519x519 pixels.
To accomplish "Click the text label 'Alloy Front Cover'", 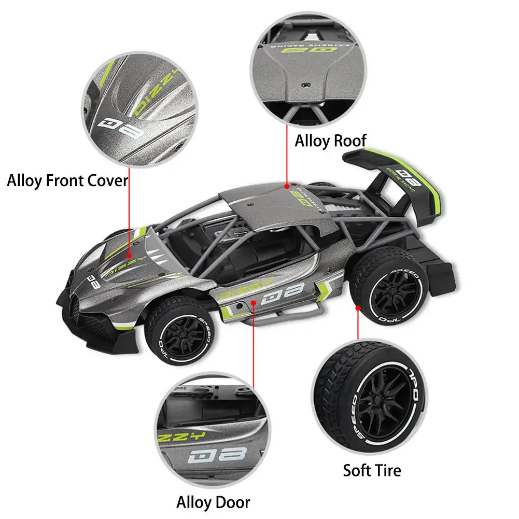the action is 67,181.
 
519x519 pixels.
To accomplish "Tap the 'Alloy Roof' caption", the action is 330,140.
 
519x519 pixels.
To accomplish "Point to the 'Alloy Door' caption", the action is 213,502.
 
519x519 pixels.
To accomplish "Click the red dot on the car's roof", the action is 286,184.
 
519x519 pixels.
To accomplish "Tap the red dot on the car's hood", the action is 128,256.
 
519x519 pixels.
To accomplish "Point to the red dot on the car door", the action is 253,301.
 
